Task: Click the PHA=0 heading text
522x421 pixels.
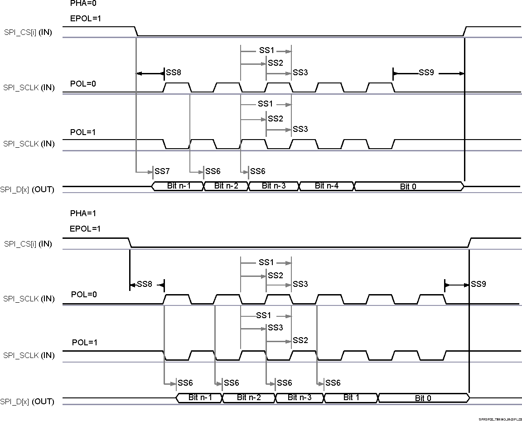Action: pos(83,3)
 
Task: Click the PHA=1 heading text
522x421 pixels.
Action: pos(83,213)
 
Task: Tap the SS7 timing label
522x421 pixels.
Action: pos(162,171)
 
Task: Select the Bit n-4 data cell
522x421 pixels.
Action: pos(326,186)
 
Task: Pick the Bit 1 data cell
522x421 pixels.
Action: pos(351,397)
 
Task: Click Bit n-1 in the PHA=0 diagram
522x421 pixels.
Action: pos(179,186)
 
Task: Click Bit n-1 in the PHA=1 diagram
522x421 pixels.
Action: pos(200,397)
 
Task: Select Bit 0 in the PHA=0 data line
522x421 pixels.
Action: pos(408,186)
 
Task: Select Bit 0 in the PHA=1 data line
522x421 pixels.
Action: pos(423,398)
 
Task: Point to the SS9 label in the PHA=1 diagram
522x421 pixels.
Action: pos(478,284)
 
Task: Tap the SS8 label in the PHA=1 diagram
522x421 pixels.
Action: pos(144,284)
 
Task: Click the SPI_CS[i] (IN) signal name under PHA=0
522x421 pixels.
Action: pos(29,33)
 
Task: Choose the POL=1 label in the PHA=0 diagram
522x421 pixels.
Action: pos(83,132)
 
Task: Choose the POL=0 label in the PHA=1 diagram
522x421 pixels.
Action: pos(84,295)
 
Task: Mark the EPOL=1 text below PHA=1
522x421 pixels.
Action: pos(85,229)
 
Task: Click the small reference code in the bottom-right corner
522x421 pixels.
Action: pos(500,419)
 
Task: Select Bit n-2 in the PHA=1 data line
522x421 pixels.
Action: pos(248,397)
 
